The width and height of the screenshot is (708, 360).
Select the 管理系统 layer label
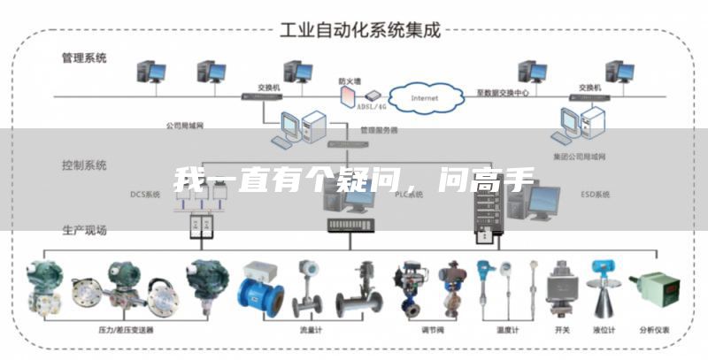pos(83,58)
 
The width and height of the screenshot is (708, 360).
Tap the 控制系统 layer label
pos(83,165)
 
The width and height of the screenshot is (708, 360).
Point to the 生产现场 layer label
pos(83,230)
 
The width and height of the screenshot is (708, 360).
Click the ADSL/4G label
pos(371,106)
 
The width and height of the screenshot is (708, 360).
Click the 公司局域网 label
pos(185,126)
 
